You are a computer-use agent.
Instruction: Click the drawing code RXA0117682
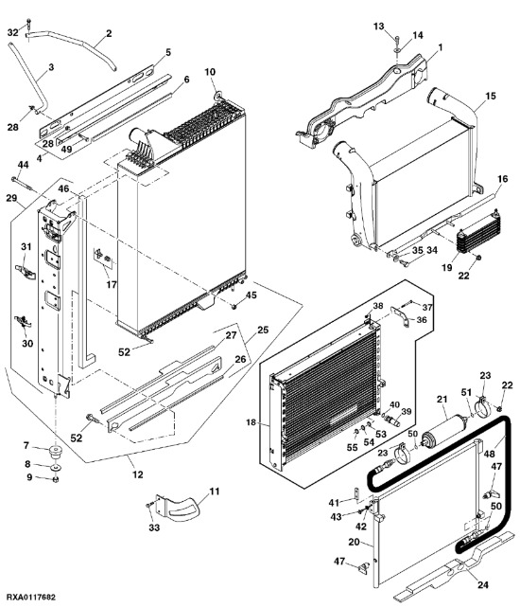[x=31, y=597]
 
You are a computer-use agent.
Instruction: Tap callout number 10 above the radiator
[x=210, y=72]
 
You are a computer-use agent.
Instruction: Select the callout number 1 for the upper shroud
[x=440, y=47]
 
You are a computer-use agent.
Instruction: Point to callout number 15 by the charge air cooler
[x=491, y=96]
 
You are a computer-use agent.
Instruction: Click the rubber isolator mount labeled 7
[x=57, y=453]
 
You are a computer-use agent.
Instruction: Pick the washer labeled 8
[x=57, y=467]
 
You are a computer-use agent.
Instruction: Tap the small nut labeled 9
[x=56, y=479]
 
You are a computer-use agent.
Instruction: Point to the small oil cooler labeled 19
[x=476, y=233]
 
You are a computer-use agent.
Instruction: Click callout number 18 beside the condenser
[x=251, y=422]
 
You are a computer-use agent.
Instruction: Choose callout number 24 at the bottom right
[x=483, y=584]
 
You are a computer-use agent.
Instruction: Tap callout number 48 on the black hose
[x=490, y=453]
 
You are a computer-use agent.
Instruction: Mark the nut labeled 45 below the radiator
[x=234, y=307]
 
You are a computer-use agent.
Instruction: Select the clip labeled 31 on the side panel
[x=26, y=271]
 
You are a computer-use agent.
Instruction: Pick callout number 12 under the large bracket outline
[x=138, y=474]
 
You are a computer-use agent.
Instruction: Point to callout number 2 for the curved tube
[x=109, y=33]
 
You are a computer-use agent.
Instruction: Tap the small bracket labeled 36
[x=399, y=316]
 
